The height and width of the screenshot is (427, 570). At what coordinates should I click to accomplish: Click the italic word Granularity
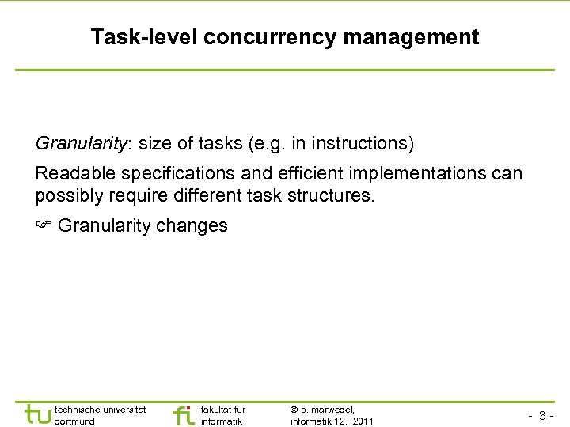pyautogui.click(x=82, y=144)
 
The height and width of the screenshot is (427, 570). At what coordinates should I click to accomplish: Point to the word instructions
pyautogui.click(x=362, y=144)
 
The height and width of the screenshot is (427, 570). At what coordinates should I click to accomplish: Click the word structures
pyautogui.click(x=333, y=195)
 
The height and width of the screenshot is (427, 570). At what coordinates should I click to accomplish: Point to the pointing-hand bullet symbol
pyautogui.click(x=44, y=226)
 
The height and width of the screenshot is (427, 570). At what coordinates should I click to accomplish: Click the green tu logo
pyautogui.click(x=37, y=414)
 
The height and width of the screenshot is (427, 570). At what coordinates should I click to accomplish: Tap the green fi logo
pyautogui.click(x=183, y=414)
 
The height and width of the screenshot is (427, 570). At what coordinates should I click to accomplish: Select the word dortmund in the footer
pyautogui.click(x=74, y=421)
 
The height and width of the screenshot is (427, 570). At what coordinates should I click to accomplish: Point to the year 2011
pyautogui.click(x=363, y=421)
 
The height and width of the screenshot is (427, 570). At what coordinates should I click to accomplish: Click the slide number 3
pyautogui.click(x=543, y=416)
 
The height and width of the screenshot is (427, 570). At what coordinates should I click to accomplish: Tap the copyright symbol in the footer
pyautogui.click(x=294, y=410)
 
